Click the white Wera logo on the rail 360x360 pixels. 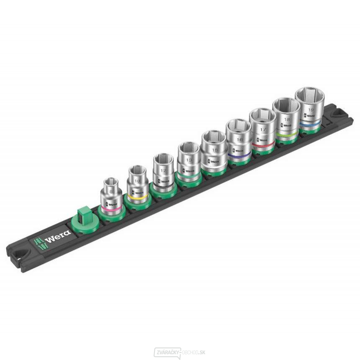[52, 240]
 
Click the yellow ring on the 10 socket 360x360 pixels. [137, 196]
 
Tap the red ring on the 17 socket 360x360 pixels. [263, 145]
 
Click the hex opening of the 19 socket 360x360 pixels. [310, 96]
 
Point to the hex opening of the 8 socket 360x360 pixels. [111, 183]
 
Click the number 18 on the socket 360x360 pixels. [286, 120]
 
